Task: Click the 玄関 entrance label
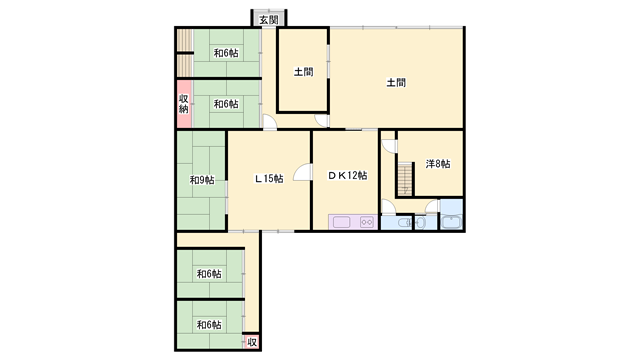269,20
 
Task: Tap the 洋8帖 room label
438,164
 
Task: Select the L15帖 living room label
269,179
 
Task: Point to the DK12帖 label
348,176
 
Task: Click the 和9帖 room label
202,180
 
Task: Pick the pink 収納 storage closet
184,104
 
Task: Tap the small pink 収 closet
252,342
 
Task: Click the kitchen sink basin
341,222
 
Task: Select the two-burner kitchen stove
367,222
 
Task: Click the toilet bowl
401,223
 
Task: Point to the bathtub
451,222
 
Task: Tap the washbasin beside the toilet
420,223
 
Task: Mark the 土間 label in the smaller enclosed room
304,72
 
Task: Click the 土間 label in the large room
396,83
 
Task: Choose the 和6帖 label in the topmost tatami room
226,53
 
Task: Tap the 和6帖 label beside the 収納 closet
226,104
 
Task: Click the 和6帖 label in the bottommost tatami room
209,325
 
